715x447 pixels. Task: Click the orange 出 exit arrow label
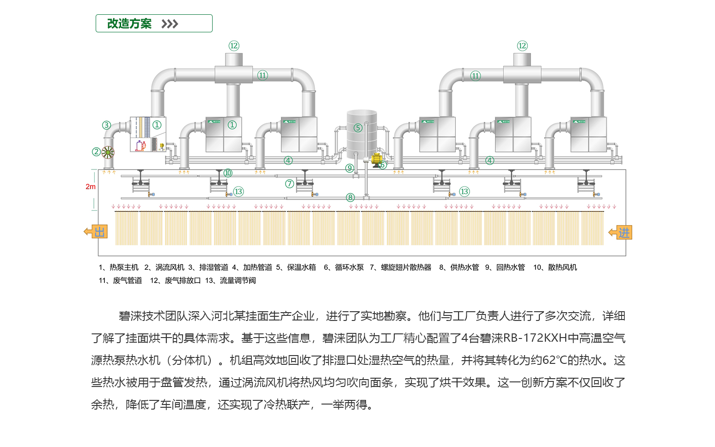(x=96, y=232)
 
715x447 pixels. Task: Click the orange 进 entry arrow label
(x=621, y=233)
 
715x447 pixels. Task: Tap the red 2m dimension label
(x=90, y=187)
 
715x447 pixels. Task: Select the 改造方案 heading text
(x=129, y=24)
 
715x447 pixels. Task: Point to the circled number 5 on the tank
(x=358, y=128)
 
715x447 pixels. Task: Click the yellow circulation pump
(x=377, y=160)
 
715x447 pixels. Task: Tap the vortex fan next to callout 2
(x=108, y=152)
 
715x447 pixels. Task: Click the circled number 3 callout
(x=106, y=125)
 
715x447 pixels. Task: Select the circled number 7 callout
(x=289, y=184)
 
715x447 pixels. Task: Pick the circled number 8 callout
(x=350, y=198)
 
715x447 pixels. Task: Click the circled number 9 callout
(x=350, y=168)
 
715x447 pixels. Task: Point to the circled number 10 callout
(x=228, y=173)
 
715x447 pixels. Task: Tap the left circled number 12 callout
(x=234, y=46)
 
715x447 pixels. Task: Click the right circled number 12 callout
(x=522, y=46)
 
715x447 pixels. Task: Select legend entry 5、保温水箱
(x=296, y=267)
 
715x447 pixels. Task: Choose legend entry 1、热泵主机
(x=119, y=267)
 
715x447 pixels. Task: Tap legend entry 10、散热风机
(x=555, y=267)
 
